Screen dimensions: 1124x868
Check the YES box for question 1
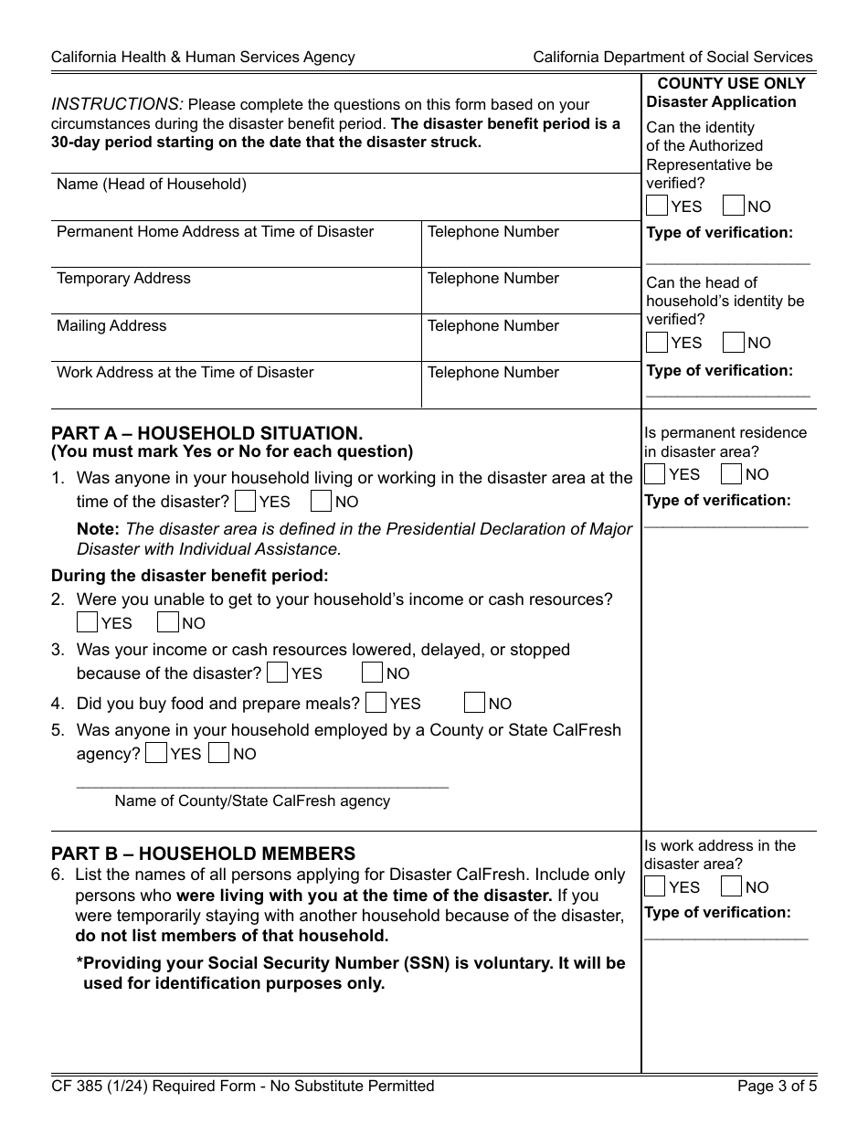[x=245, y=501]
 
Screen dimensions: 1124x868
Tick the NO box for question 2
[x=167, y=622]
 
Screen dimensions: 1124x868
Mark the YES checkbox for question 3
[x=277, y=673]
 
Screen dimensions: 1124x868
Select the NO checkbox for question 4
[x=474, y=703]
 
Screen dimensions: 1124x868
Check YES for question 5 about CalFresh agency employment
[x=156, y=753]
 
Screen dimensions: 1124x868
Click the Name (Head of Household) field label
[x=152, y=185]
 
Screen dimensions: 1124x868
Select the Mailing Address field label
[x=111, y=326]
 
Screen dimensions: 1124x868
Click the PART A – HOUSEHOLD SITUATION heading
[x=206, y=433]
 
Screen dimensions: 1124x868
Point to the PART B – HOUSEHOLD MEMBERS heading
[x=203, y=854]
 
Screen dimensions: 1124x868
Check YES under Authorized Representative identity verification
[x=656, y=206]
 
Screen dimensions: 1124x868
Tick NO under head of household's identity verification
[x=733, y=343]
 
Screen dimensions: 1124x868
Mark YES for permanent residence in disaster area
[x=654, y=474]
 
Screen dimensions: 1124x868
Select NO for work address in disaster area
[x=731, y=886]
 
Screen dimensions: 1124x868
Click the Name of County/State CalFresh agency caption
[x=252, y=801]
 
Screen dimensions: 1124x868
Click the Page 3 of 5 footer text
[x=775, y=1087]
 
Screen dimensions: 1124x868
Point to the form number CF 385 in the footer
[x=80, y=1087]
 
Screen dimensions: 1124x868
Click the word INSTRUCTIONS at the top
[x=117, y=104]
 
